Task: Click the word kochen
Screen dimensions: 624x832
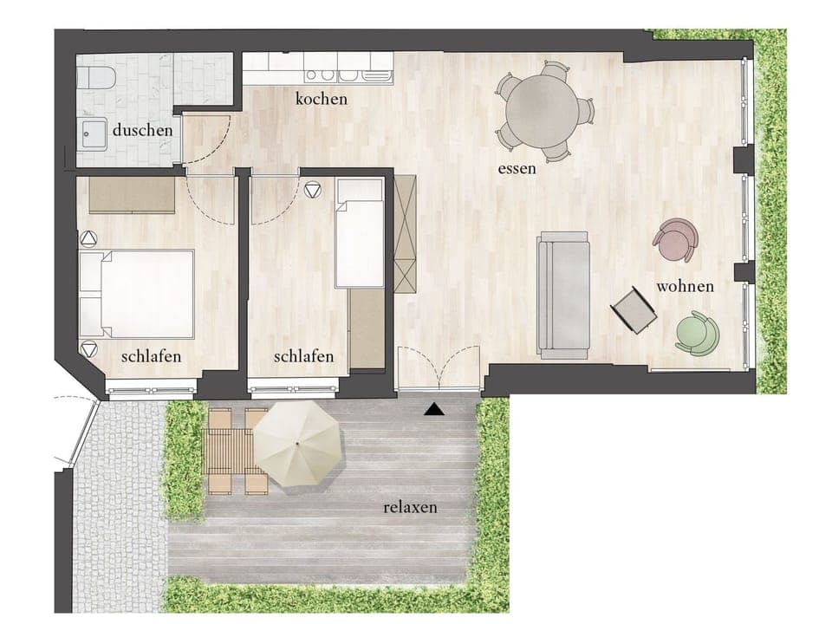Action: (321, 99)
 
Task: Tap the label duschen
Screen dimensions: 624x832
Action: (141, 131)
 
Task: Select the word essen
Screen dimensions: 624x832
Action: (517, 168)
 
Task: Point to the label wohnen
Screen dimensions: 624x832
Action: (685, 286)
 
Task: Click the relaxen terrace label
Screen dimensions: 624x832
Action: (410, 507)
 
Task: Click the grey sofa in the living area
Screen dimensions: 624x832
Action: (562, 295)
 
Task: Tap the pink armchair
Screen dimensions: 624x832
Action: (675, 239)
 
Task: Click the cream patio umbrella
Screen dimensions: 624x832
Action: (297, 443)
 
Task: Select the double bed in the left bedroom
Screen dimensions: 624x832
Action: (137, 294)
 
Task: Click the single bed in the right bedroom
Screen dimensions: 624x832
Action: (359, 235)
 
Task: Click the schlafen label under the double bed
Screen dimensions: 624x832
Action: (152, 357)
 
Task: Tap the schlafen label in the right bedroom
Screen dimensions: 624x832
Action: (303, 357)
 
